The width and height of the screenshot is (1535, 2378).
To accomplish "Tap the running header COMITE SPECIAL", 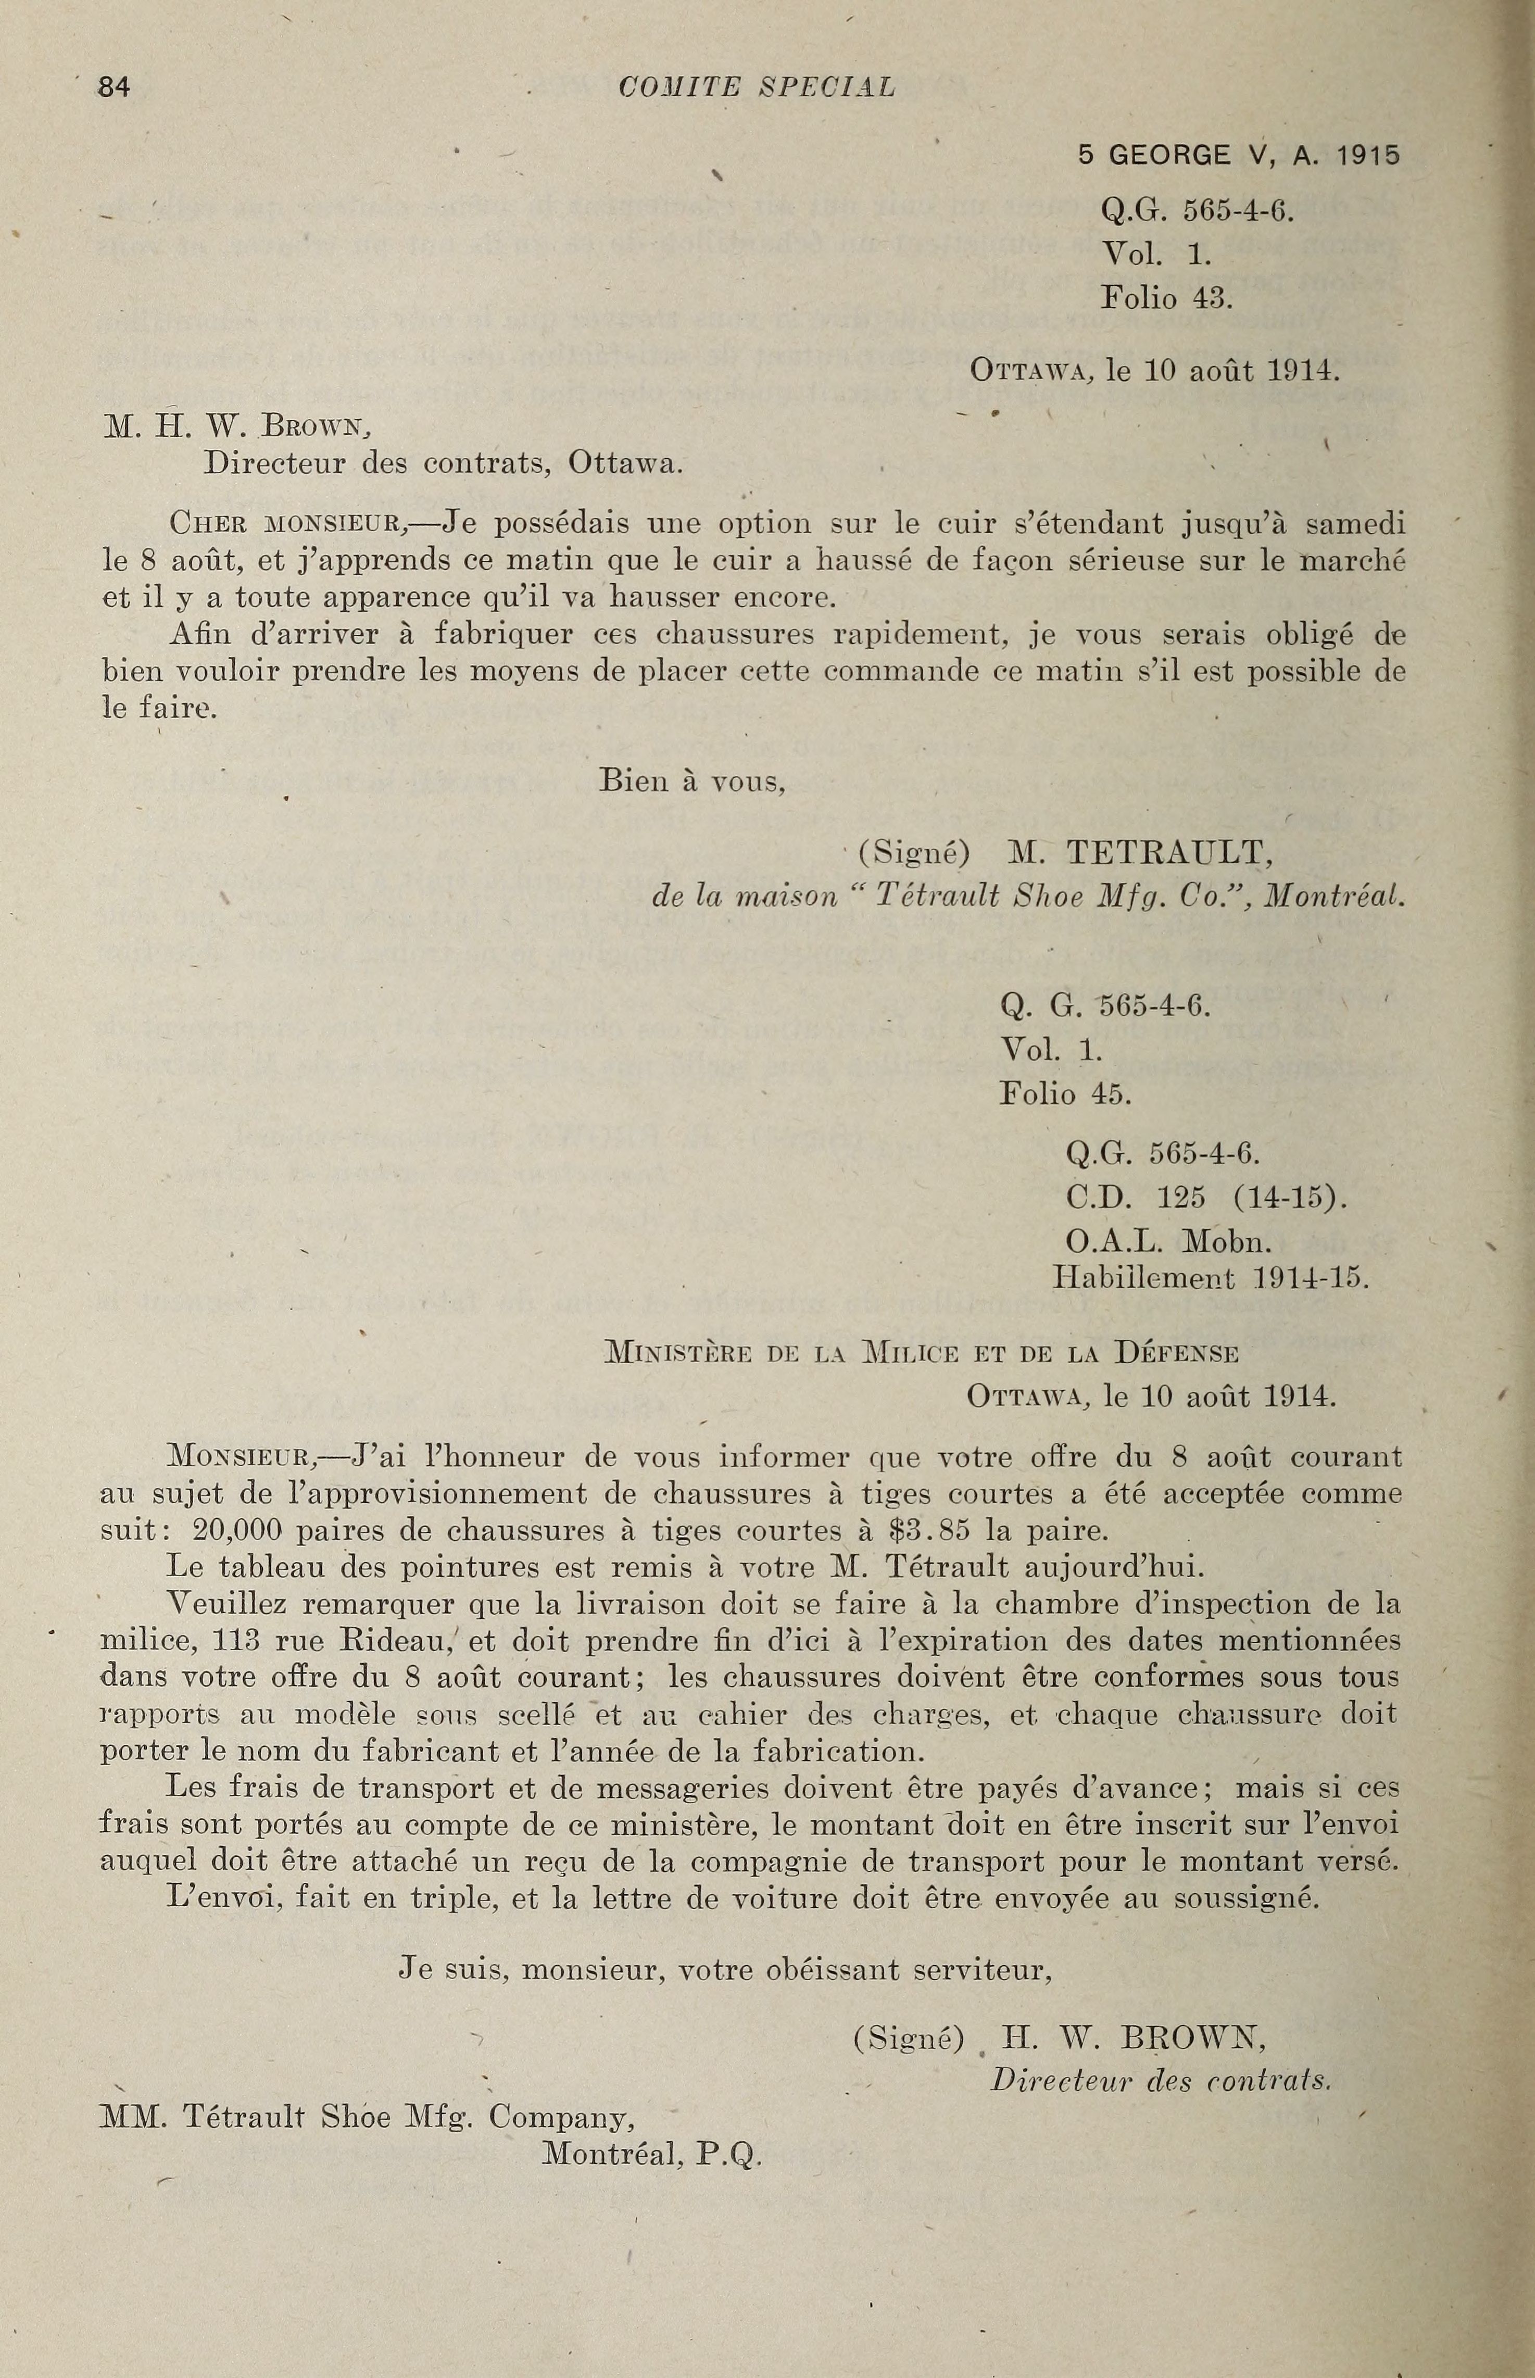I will click(757, 87).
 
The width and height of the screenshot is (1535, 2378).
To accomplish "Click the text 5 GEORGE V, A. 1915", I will click(1239, 156).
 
